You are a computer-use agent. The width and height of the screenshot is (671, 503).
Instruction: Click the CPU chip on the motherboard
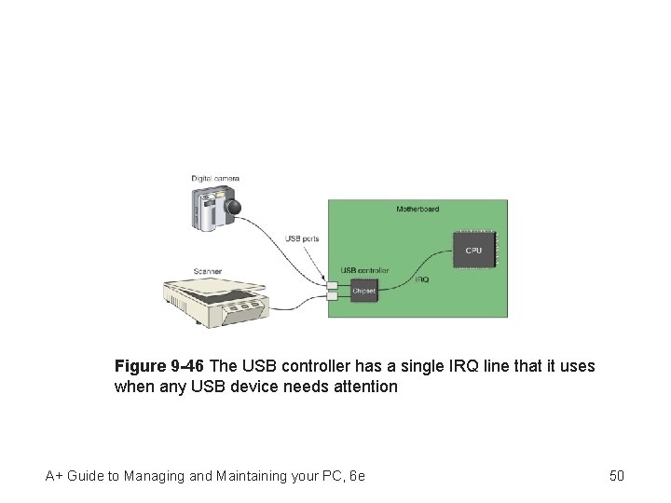[x=474, y=251]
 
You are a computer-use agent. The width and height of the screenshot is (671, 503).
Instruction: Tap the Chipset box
[x=364, y=292]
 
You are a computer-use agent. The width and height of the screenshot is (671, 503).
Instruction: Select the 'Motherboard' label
[x=418, y=210]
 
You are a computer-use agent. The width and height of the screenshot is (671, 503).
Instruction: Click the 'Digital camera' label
[x=215, y=178]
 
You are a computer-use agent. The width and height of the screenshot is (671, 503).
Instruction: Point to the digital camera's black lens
[x=235, y=208]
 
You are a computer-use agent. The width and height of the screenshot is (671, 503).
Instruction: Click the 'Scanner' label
[x=208, y=272]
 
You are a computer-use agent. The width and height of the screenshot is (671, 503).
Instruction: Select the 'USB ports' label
[x=302, y=239]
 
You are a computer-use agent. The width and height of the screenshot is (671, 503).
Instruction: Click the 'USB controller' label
[x=364, y=271]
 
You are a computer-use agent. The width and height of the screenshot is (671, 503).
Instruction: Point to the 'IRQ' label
[x=422, y=279]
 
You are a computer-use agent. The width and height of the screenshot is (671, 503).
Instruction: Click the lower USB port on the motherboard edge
[x=332, y=295]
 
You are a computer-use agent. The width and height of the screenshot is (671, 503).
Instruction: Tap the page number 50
[x=616, y=476]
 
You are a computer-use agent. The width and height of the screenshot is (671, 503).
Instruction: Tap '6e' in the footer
[x=357, y=476]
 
